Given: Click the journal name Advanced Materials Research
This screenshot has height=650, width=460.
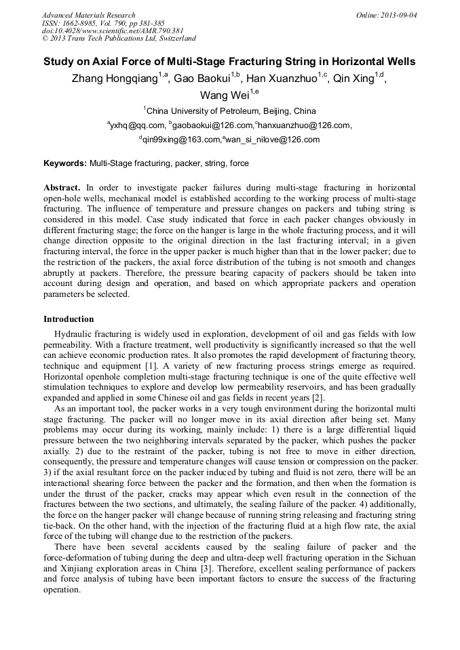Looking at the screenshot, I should pyautogui.click(x=89, y=15).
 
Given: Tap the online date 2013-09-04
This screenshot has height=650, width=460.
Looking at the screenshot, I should pyautogui.click(x=397, y=15).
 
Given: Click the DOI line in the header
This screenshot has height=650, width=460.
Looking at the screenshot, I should pyautogui.click(x=113, y=31).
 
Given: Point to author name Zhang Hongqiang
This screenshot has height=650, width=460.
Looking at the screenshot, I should pyautogui.click(x=115, y=79).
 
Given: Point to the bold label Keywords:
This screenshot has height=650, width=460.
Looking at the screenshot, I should pyautogui.click(x=65, y=163).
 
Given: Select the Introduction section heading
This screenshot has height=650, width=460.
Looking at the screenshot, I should pyautogui.click(x=69, y=319).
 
